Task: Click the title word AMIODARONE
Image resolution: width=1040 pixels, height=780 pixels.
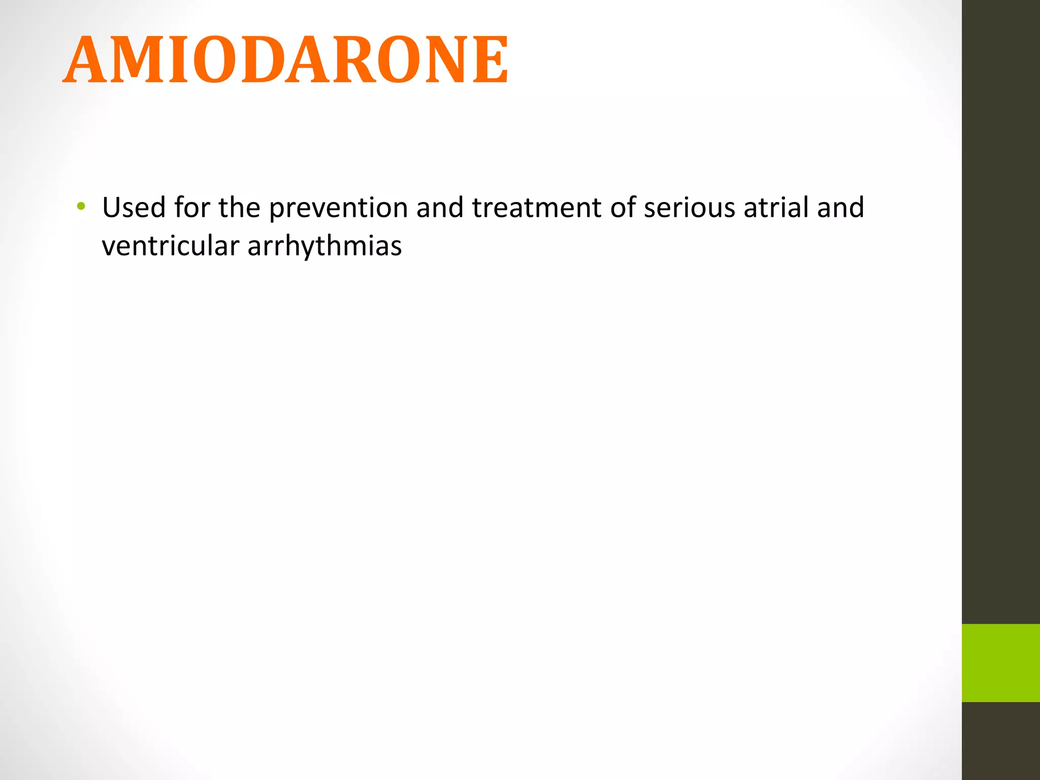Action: coord(285,60)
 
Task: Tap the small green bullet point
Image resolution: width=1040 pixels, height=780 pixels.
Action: coord(81,207)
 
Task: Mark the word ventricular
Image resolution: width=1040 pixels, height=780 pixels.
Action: coord(170,246)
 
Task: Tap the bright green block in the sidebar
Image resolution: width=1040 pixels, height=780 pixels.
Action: coord(1000,663)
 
